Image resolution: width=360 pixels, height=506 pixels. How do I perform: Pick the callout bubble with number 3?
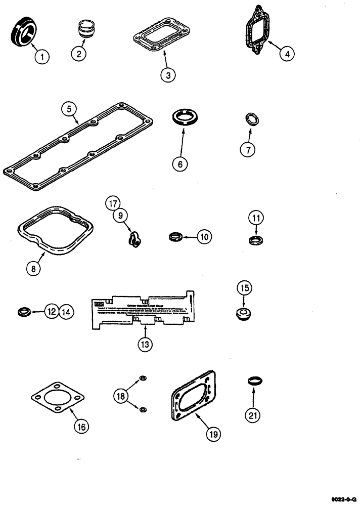(168, 75)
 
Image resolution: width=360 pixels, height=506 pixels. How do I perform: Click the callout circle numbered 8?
(33, 269)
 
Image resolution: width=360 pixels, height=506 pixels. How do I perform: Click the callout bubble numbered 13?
(145, 344)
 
